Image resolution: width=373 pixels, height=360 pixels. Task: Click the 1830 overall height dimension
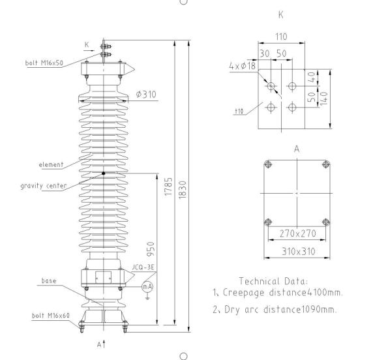[x=183, y=190]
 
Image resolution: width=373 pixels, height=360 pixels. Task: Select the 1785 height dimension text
[x=168, y=187]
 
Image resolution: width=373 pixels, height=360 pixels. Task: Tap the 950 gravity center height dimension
[x=151, y=249]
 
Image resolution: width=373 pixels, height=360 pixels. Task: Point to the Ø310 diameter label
[x=146, y=94]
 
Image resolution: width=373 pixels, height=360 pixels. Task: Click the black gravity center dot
[x=104, y=173]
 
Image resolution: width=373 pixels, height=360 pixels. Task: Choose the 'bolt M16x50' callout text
[x=44, y=63]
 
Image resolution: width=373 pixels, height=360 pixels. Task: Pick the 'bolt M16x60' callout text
[x=51, y=316]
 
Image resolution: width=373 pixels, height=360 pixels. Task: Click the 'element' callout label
[x=51, y=164]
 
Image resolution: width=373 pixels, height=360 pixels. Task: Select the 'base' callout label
[x=49, y=281]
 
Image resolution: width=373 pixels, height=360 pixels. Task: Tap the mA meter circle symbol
[x=147, y=286]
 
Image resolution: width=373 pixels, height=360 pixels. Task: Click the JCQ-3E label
[x=143, y=267]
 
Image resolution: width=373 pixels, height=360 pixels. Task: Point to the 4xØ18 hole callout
[x=243, y=65]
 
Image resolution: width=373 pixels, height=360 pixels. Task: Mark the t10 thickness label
[x=239, y=111]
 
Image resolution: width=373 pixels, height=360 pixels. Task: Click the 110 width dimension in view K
[x=281, y=37]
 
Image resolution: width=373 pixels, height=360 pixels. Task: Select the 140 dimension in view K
[x=324, y=98]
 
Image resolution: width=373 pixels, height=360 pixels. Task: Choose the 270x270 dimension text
[x=298, y=233]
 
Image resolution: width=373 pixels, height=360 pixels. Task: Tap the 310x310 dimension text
[x=299, y=251]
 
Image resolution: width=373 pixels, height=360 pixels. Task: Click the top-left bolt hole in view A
[x=268, y=164]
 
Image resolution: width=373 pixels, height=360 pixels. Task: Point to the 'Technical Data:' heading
[x=273, y=281]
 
